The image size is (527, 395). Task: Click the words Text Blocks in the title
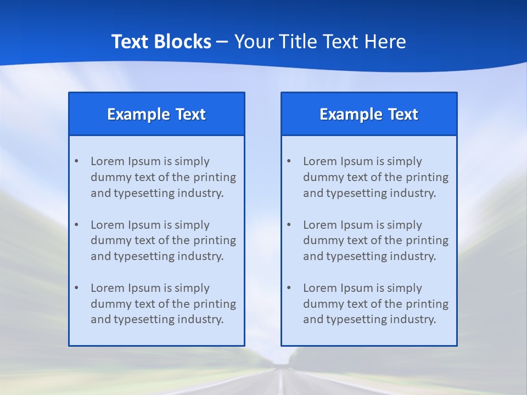point(161,42)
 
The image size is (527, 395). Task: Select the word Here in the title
point(385,42)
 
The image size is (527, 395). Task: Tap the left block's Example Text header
point(156,114)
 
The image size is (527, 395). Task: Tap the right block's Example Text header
point(369,114)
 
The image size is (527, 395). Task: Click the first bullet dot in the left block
point(76,161)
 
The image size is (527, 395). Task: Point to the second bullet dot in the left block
point(76,225)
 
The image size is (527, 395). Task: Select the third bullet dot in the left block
point(76,288)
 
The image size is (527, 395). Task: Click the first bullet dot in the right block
point(289,161)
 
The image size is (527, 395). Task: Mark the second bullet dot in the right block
point(289,225)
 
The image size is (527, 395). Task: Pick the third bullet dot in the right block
point(289,288)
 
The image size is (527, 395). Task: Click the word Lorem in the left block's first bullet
point(108,161)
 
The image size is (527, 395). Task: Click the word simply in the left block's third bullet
point(192,288)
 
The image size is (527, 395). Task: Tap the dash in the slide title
point(222,42)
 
